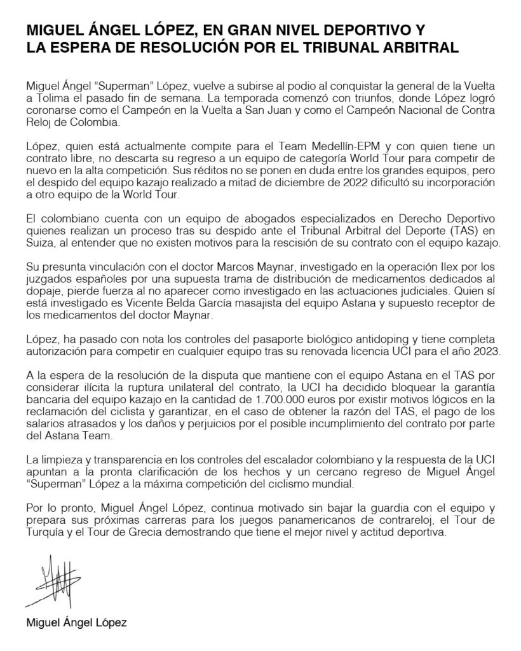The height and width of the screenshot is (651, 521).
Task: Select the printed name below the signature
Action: click(76, 623)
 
